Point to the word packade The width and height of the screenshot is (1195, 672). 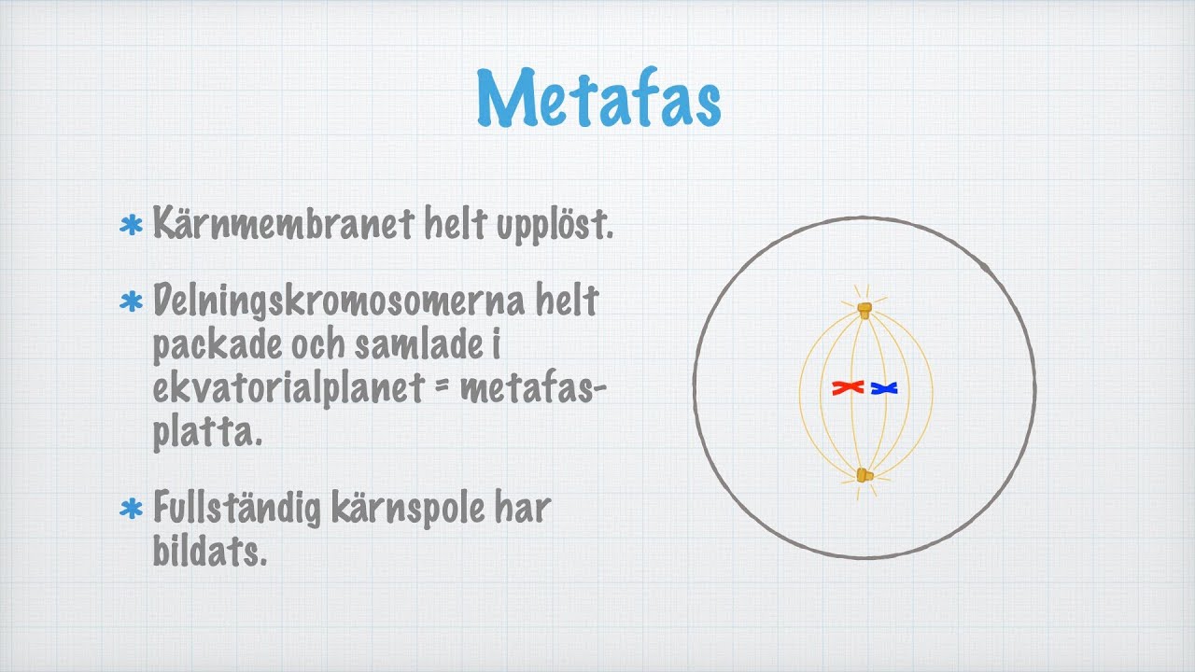click(x=214, y=347)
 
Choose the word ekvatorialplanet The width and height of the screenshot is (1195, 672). click(x=289, y=390)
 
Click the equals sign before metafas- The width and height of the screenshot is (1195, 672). click(x=447, y=390)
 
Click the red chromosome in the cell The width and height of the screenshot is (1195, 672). click(x=848, y=387)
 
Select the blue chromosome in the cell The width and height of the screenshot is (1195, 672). click(x=883, y=387)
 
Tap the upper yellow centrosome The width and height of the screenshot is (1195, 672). click(x=865, y=309)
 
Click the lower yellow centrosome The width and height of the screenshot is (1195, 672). click(x=865, y=476)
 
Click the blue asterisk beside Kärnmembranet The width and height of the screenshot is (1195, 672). click(x=132, y=226)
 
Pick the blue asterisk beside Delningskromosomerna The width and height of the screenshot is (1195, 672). click(x=132, y=302)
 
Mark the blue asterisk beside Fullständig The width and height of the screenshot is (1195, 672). click(x=132, y=510)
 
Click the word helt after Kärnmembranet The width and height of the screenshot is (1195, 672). click(x=458, y=225)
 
